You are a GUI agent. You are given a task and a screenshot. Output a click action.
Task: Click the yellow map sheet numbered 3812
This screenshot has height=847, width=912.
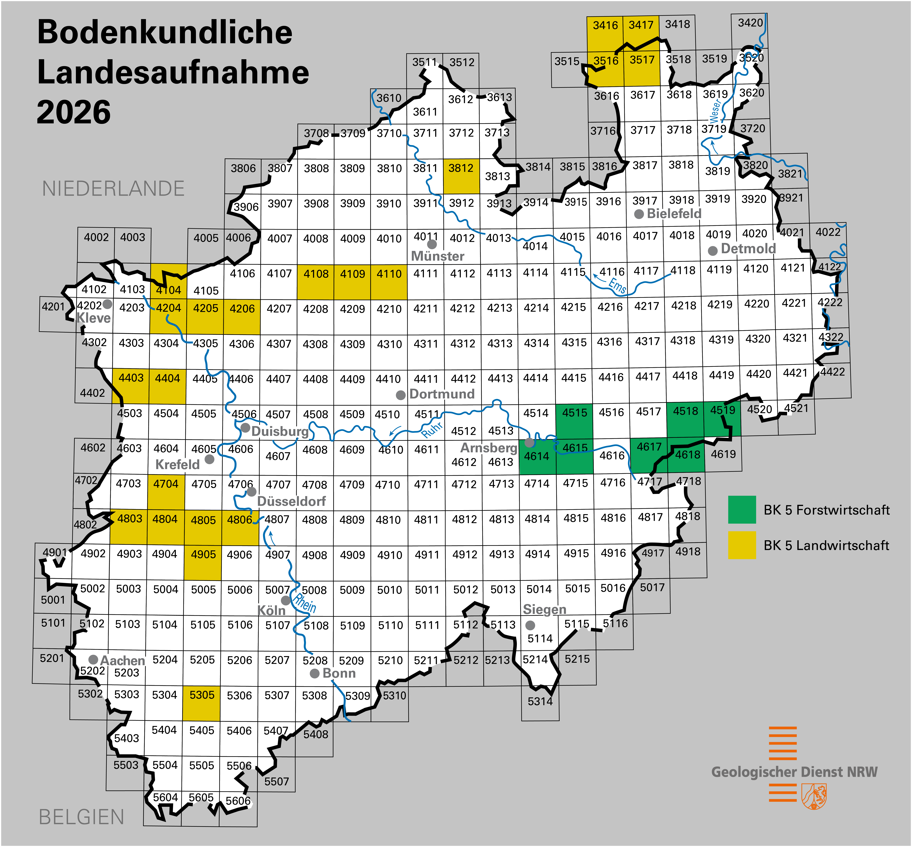coord(461,176)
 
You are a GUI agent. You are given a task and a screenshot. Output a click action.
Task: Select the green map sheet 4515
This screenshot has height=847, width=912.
coord(574,421)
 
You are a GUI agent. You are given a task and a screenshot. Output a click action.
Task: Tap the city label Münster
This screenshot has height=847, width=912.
coord(437,256)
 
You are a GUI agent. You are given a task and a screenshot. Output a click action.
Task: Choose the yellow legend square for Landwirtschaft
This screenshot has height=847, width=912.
coord(741,545)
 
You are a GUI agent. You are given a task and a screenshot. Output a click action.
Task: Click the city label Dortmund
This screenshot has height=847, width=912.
coord(442,394)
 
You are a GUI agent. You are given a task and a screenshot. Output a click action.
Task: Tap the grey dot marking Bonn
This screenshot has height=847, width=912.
coord(314,673)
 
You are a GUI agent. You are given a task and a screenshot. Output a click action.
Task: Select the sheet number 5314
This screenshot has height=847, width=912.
coord(540,701)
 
